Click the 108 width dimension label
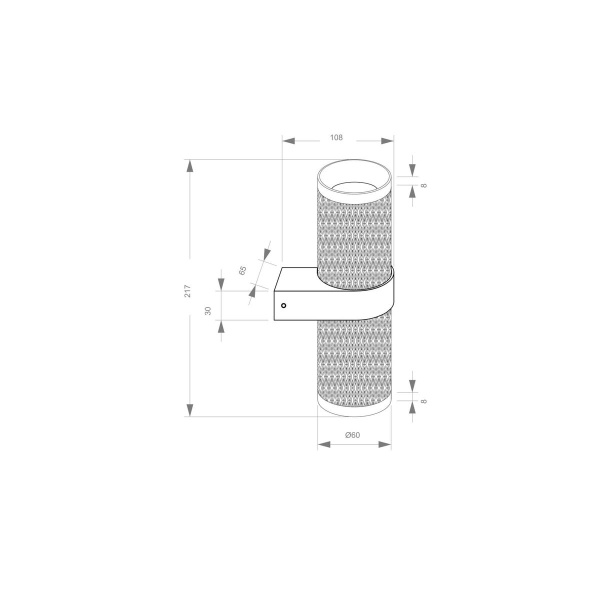(336, 136)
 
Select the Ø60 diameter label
(352, 434)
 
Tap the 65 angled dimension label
(243, 269)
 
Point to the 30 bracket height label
(209, 311)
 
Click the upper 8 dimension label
(424, 186)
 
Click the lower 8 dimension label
(424, 401)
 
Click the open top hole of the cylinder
(353, 183)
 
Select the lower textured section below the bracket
(353, 355)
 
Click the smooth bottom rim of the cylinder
(353, 404)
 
